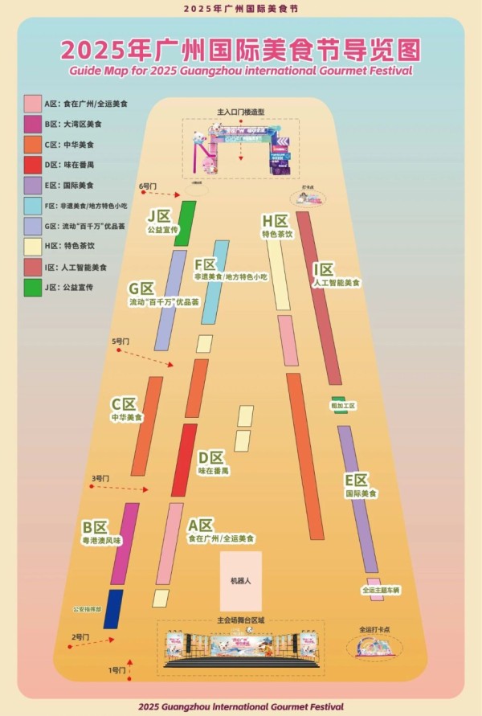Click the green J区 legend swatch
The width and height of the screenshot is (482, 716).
click(33, 287)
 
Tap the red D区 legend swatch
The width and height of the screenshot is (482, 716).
click(33, 165)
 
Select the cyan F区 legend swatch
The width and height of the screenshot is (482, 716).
click(33, 206)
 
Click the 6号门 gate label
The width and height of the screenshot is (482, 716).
click(146, 186)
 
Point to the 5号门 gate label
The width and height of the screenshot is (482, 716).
click(120, 342)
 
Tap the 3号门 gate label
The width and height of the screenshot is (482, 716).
click(100, 477)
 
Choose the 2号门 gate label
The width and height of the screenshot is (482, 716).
click(80, 636)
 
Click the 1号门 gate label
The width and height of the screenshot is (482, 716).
click(118, 669)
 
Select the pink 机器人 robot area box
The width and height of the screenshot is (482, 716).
click(241, 580)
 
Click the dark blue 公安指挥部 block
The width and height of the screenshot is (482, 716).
click(113, 608)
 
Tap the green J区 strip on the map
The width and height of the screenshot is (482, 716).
click(186, 223)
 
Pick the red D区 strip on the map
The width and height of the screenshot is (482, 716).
click(184, 460)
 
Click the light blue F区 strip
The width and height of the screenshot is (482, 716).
click(214, 281)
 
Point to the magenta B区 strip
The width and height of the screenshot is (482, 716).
click(125, 543)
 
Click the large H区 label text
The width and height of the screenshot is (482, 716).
click(275, 221)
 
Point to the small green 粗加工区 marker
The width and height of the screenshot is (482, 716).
click(338, 399)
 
